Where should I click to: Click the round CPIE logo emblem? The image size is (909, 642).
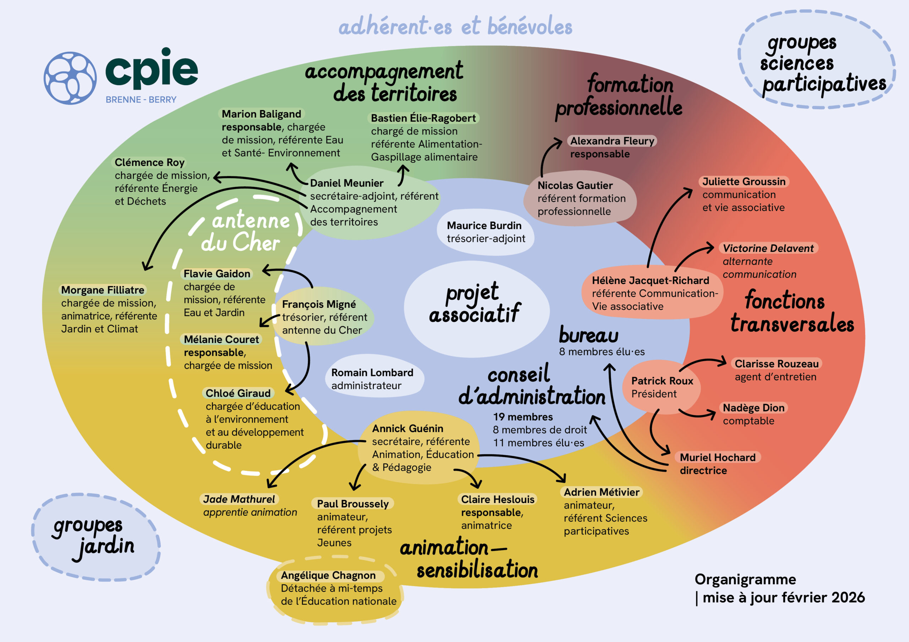pos(70,78)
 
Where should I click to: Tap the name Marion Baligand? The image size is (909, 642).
pos(261,114)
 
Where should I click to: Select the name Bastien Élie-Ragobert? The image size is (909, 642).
pos(423,118)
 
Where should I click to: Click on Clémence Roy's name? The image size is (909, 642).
pos(149,162)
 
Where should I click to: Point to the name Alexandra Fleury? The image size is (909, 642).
pos(612,141)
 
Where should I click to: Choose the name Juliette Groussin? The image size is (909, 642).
pos(744,182)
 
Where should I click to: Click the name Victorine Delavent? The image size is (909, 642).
pos(768,248)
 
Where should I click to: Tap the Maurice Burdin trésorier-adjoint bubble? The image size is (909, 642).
pos(485,232)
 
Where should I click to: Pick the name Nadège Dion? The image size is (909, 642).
pos(753,408)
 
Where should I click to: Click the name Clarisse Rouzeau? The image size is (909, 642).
pos(776,364)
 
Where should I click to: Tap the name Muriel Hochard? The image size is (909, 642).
pos(717,457)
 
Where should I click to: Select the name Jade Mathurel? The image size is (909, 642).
pos(239,499)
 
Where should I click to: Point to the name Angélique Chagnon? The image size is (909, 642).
pos(328,575)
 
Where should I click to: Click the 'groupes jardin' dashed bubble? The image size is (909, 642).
pos(95,537)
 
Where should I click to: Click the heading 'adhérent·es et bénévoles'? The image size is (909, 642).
pos(455,27)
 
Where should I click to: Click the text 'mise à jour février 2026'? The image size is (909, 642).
pos(783,597)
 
